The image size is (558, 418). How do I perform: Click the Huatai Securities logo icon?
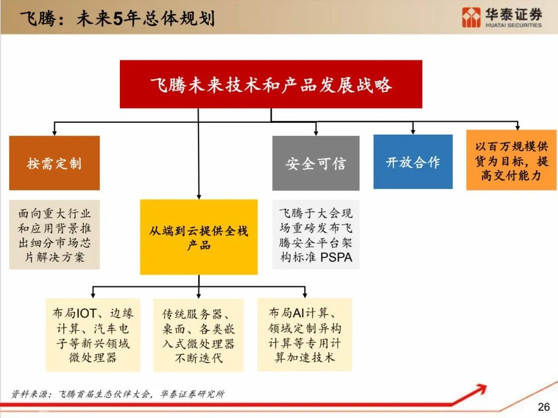pyautogui.click(x=471, y=17)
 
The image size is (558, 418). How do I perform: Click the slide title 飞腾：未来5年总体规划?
pyautogui.click(x=118, y=19)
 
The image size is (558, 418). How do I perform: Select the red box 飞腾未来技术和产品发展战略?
pyautogui.click(x=271, y=84)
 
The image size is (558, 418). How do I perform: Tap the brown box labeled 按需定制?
pyautogui.click(x=54, y=163)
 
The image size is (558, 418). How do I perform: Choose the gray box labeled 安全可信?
pyautogui.click(x=316, y=163)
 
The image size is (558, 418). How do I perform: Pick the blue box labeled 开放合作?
pyautogui.click(x=413, y=162)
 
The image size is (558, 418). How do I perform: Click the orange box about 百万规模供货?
pyautogui.click(x=512, y=160)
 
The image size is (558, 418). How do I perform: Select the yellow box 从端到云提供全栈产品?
pyautogui.click(x=198, y=237)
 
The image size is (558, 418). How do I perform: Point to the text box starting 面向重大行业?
pyautogui.click(x=54, y=235)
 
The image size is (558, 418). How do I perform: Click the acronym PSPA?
pyautogui.click(x=336, y=257)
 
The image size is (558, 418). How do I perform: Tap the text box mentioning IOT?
pyautogui.click(x=93, y=335)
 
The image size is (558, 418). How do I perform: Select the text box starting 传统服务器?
pyautogui.click(x=198, y=335)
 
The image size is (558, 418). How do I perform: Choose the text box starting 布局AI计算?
pyautogui.click(x=305, y=335)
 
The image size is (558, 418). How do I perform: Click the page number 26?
pyautogui.click(x=544, y=407)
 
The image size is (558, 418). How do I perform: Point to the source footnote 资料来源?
pyautogui.click(x=118, y=394)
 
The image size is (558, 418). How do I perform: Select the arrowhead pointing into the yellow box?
pyautogui.click(x=198, y=197)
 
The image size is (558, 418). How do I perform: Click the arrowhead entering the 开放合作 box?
pyautogui.click(x=413, y=132)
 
